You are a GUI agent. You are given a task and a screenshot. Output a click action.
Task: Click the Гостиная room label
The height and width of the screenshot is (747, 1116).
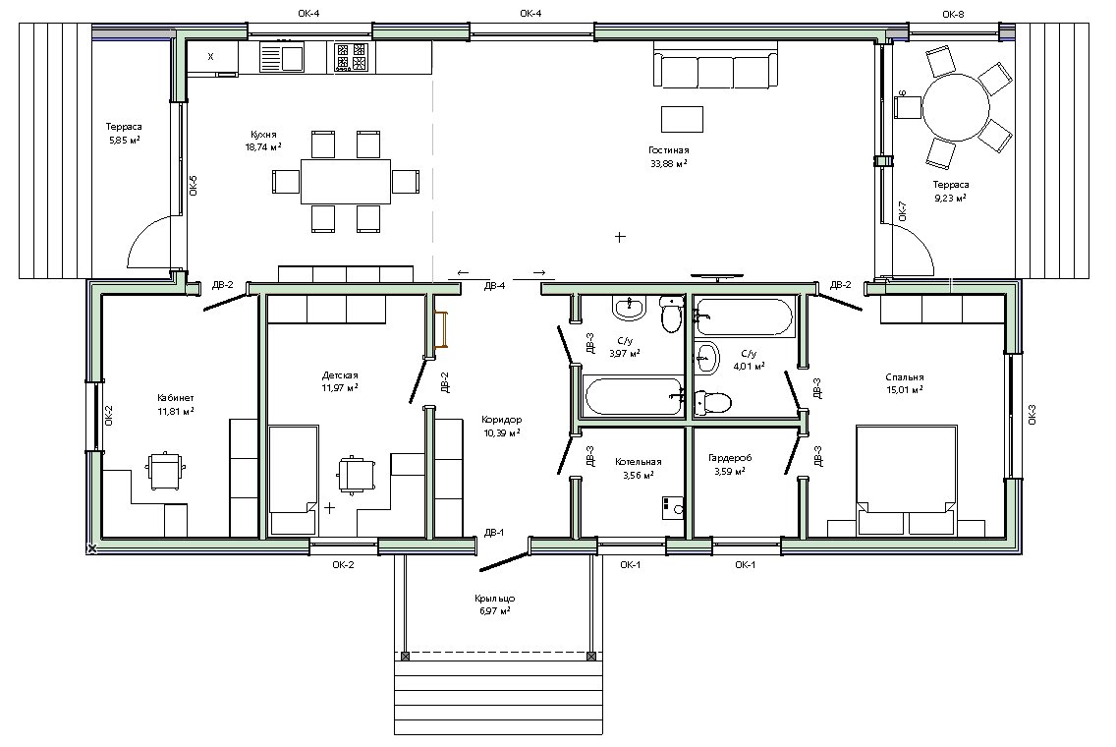point(668,150)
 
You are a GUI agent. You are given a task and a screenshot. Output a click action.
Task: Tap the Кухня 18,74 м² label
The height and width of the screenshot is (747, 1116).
point(263,141)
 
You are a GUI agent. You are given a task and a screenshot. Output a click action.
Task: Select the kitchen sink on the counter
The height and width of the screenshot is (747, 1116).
point(282,56)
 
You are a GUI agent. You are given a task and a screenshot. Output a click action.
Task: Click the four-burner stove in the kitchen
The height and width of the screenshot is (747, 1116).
point(351,57)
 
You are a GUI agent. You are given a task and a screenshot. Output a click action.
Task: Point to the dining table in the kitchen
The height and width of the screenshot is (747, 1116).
point(346,181)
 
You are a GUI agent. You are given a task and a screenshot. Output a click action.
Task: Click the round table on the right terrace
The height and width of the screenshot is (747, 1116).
point(957,110)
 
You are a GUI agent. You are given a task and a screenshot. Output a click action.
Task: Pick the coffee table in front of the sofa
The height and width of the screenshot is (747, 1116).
point(682,119)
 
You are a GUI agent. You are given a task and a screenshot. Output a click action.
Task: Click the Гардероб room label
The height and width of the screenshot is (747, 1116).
point(730,458)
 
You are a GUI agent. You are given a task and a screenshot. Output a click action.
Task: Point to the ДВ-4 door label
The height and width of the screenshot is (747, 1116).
point(495,286)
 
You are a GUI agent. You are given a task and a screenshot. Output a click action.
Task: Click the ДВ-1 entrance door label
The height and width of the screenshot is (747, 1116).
point(494,532)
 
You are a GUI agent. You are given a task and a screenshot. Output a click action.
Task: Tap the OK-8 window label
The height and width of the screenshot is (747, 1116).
point(953,14)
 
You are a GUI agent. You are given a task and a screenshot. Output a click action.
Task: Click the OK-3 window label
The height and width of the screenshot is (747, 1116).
point(1032,415)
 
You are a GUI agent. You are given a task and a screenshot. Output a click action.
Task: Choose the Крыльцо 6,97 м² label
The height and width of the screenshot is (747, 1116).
point(495,604)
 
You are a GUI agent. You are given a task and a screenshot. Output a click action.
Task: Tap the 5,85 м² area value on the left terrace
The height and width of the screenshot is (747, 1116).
point(124,140)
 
